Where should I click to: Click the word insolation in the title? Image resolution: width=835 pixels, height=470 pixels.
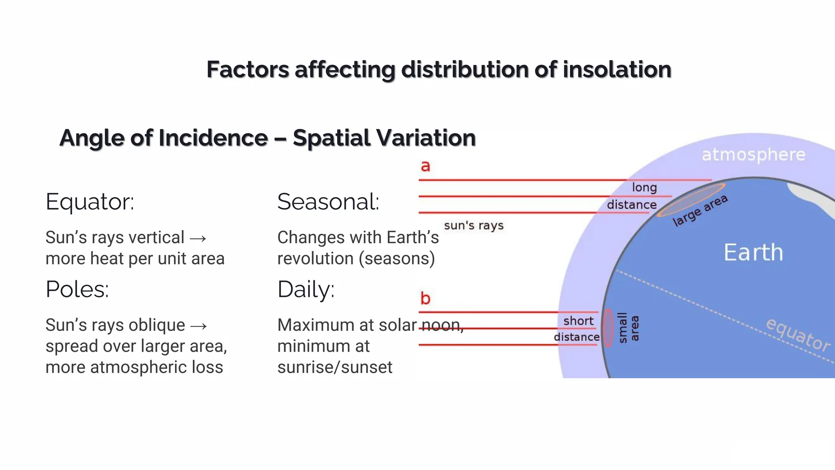(x=617, y=69)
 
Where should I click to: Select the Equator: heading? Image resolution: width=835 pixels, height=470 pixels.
(x=90, y=202)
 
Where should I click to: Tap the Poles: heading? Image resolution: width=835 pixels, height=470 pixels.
(x=77, y=289)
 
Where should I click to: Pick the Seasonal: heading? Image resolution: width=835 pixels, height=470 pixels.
(x=328, y=202)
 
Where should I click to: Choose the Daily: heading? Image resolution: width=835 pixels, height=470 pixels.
(x=306, y=289)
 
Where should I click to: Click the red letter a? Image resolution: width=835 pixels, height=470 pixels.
(x=425, y=166)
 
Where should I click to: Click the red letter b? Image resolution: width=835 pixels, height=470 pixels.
(x=425, y=298)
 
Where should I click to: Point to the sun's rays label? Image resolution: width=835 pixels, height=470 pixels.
(x=474, y=225)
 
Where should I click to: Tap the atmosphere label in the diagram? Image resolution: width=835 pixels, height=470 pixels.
(x=753, y=155)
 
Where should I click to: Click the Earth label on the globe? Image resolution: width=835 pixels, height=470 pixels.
(x=753, y=252)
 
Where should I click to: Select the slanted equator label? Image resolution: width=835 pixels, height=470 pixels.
(x=798, y=335)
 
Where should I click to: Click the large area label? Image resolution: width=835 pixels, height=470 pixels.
(x=700, y=211)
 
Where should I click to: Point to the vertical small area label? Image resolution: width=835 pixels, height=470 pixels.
(x=628, y=328)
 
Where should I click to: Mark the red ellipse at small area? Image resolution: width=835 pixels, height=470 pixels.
(x=608, y=328)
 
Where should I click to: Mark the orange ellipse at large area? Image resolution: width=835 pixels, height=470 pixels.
(x=691, y=200)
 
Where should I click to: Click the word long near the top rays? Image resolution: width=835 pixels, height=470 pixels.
(x=644, y=187)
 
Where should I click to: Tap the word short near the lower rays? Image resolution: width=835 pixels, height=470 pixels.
(x=578, y=321)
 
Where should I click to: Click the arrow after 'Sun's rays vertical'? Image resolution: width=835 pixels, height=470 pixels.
(x=198, y=238)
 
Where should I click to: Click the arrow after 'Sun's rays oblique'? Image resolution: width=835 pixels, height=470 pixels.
(x=199, y=326)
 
